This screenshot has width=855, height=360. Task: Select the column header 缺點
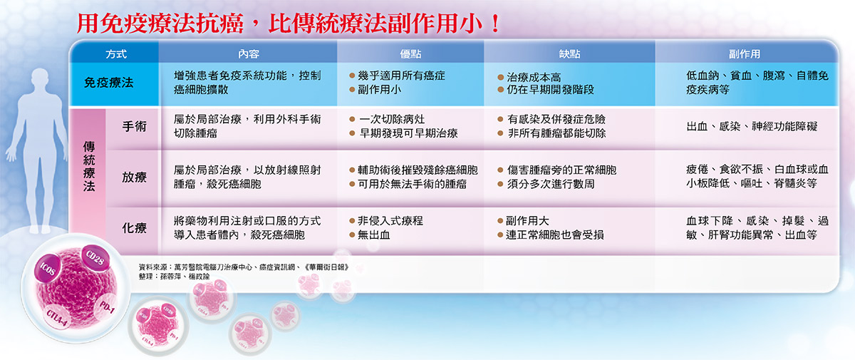(569, 53)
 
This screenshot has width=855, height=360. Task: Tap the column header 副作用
(744, 53)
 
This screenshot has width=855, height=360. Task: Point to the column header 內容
(248, 53)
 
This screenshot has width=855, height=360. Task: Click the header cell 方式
(115, 53)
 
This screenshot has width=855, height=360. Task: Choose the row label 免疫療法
(109, 83)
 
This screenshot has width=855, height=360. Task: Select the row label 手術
(135, 126)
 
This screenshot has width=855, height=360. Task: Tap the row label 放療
(135, 177)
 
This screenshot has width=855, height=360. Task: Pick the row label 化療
(135, 228)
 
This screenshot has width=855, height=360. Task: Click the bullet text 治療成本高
(535, 76)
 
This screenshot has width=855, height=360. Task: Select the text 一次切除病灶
(392, 119)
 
